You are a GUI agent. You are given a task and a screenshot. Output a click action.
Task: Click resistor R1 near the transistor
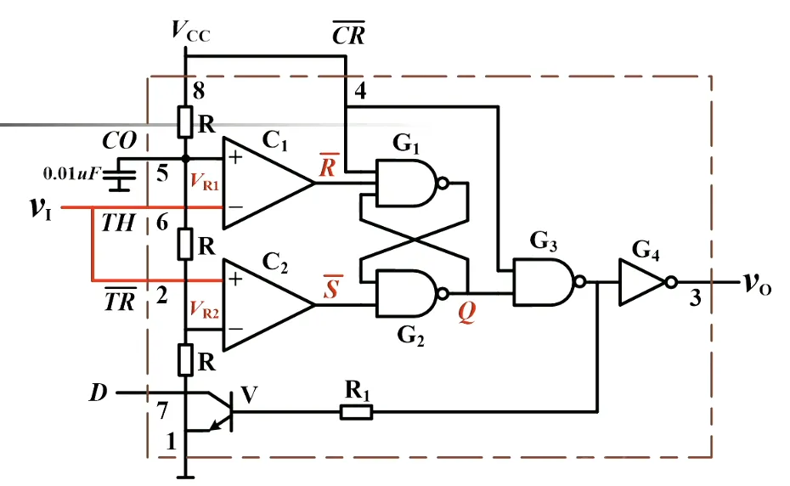click(x=356, y=413)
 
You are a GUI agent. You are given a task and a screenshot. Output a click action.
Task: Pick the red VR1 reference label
click(x=205, y=180)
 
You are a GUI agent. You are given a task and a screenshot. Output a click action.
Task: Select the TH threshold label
click(x=117, y=224)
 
